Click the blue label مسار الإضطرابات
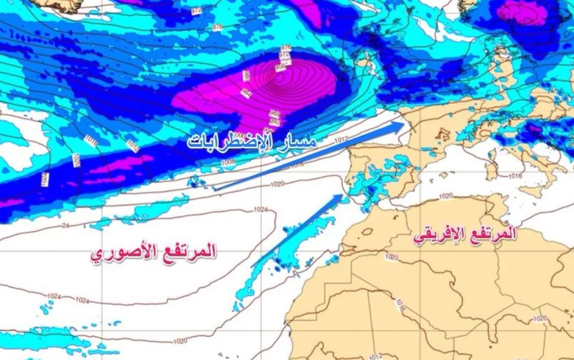click(x=252, y=141)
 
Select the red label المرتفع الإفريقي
click(x=463, y=235)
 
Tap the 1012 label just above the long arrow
click(x=341, y=140)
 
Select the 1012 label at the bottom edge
click(x=376, y=355)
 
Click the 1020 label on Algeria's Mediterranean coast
click(x=445, y=197)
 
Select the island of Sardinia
click(x=491, y=169)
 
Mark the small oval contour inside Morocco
click(x=367, y=231)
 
